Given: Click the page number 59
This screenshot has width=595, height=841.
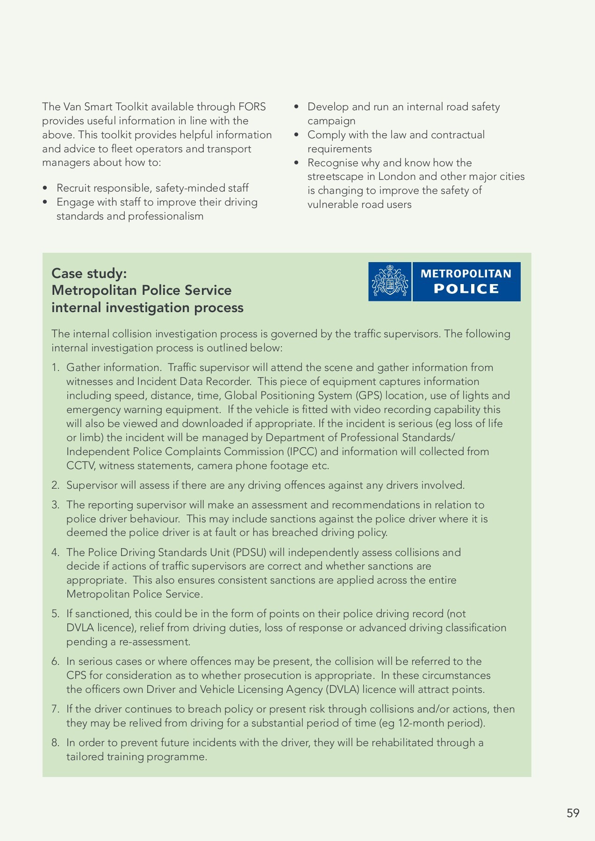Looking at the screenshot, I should tap(573, 813).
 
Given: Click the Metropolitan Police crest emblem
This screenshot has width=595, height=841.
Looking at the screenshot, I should tap(390, 281).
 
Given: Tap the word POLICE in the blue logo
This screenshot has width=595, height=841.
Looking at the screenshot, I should tap(466, 289).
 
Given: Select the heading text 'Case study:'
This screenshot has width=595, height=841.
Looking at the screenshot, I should tap(89, 273).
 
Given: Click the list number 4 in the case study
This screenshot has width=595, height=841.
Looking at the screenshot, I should tap(55, 552).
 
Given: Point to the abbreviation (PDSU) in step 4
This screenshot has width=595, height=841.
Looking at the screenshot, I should tap(250, 552).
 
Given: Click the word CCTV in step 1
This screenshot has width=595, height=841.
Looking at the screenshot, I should tap(81, 465).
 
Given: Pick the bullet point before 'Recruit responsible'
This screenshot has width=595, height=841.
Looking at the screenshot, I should tap(45, 188).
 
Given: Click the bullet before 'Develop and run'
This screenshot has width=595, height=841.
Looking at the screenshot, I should tap(296, 107).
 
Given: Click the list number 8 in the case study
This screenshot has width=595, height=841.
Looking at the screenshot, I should tap(55, 742).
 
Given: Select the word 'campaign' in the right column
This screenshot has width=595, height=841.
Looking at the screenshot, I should tap(331, 121).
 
